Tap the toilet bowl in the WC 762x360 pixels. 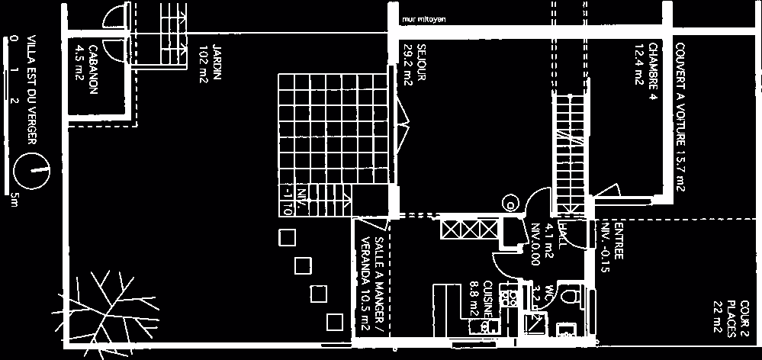click(570, 294)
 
